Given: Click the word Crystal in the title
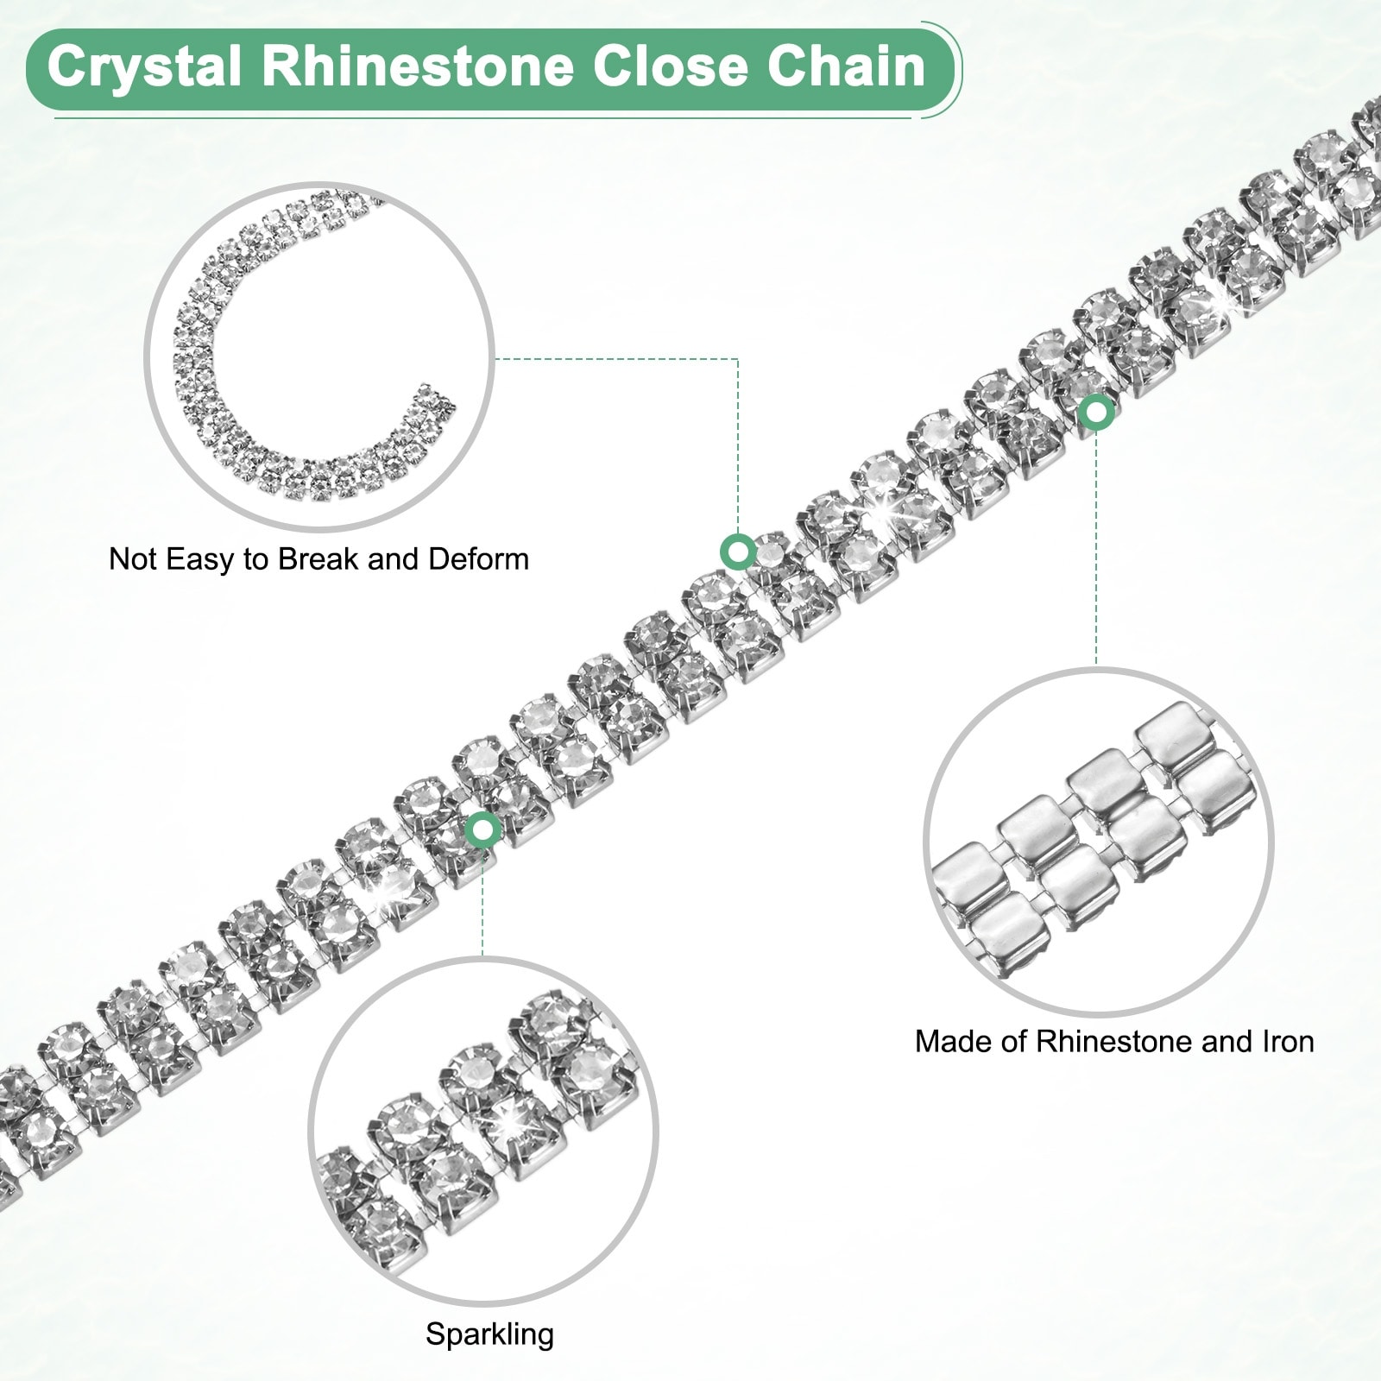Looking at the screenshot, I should point(143,67).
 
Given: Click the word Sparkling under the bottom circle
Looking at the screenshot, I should point(489,1334).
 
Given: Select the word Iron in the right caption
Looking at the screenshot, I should point(1288,1042).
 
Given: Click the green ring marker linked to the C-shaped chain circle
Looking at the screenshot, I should point(737,551).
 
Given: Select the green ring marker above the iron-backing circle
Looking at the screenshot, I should point(1096,413).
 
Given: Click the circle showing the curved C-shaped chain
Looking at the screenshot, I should point(319,356).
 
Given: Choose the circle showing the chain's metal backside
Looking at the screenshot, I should point(1098,842).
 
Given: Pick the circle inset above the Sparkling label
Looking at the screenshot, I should point(483,1131).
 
